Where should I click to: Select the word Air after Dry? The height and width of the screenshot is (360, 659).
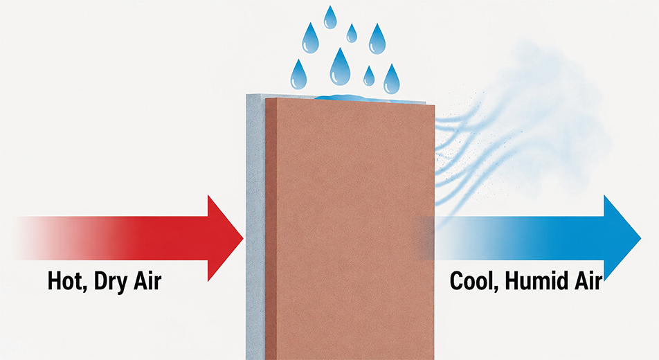(147, 281)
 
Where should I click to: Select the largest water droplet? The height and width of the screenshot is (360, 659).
(340, 67)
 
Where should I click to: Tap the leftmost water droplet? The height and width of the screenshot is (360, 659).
(298, 75)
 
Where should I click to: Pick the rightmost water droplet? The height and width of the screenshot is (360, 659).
(392, 80)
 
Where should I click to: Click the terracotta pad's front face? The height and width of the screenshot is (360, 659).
(356, 231)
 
